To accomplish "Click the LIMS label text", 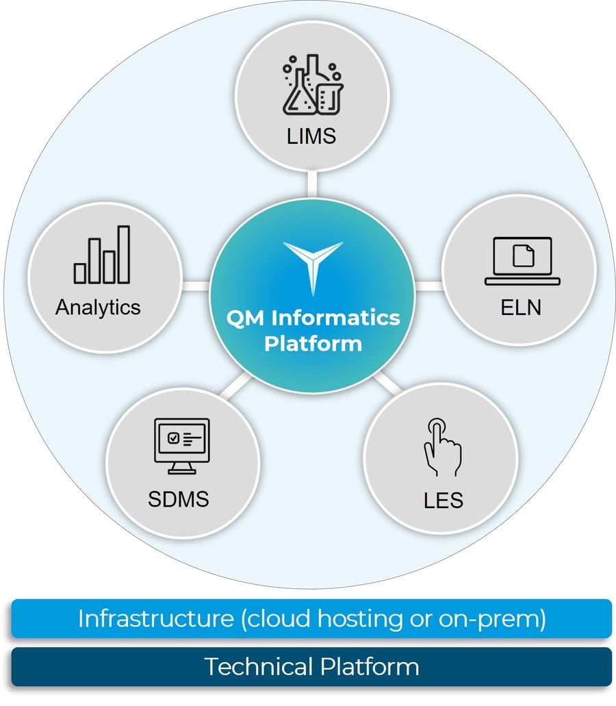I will point(311,135).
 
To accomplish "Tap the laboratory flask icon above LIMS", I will point(311,84).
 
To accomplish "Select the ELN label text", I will point(520,307).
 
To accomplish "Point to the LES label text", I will point(443,500).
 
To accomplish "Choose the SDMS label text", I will point(178,499).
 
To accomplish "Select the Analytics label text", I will point(98,307).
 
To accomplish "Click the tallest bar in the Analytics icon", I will point(123,254).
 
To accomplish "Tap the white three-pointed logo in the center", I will point(313,264).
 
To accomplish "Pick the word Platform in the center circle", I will point(313,342).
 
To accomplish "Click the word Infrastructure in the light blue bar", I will point(155,618).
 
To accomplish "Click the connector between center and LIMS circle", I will point(312,184).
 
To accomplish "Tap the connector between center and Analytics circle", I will point(196,285).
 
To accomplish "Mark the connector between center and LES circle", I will point(387,383).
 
